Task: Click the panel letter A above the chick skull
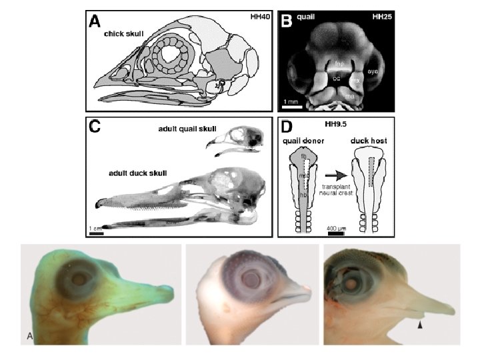[96, 21]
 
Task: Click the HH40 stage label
[256, 17]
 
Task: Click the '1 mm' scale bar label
[291, 101]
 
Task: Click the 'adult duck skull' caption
[138, 173]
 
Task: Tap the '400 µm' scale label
[335, 229]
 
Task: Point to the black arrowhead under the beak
[419, 325]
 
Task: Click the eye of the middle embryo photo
[253, 275]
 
